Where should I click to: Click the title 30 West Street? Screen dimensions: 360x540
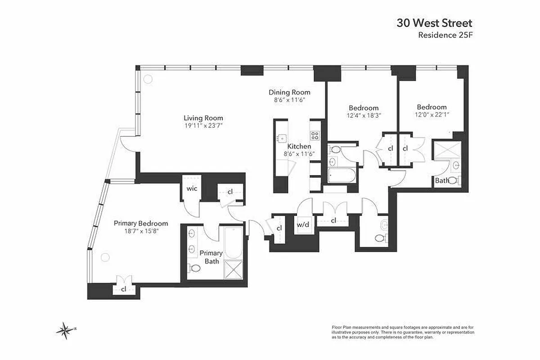(x=434, y=23)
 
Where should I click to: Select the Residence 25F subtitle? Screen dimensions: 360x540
(x=445, y=35)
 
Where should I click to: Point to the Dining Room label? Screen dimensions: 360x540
(x=293, y=92)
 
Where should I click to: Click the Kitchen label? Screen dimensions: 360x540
(x=299, y=146)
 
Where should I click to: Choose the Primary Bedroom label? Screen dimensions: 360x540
(x=141, y=223)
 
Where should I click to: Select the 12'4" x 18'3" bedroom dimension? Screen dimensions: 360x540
(x=364, y=116)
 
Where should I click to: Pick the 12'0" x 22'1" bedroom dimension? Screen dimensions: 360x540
(x=432, y=115)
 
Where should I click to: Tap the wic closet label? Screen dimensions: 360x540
(x=193, y=189)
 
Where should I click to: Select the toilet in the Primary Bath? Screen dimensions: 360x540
(x=195, y=268)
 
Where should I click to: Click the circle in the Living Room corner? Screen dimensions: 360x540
(x=147, y=78)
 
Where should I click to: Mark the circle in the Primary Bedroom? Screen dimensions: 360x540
(x=105, y=257)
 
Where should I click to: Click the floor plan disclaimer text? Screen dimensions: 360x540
(x=402, y=332)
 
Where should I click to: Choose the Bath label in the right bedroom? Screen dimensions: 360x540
(x=441, y=180)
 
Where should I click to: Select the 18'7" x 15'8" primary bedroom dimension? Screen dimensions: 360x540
(x=141, y=231)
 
